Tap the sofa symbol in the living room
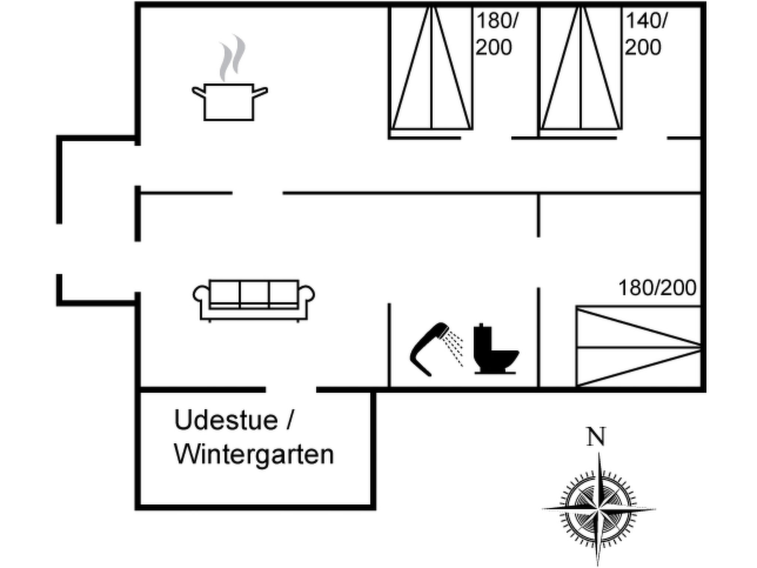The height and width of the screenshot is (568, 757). pos(254,301)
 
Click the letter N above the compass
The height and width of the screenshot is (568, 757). pos(596,437)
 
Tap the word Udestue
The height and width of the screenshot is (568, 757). pos(226,420)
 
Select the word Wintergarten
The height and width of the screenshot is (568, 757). pos(254,454)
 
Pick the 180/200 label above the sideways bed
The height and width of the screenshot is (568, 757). pos(657,288)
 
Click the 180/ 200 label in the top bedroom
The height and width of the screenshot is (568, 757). pos(496,34)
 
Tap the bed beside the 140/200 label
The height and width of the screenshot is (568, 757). pos(581,68)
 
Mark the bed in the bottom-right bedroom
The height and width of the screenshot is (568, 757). pos(638,346)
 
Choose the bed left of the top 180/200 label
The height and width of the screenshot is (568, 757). pos(431,68)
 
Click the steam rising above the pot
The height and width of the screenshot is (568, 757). pos(232,58)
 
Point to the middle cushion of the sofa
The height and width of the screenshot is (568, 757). pos(254,294)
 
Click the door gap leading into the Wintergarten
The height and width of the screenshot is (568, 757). pos(291,390)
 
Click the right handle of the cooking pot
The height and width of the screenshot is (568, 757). pos(261,92)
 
